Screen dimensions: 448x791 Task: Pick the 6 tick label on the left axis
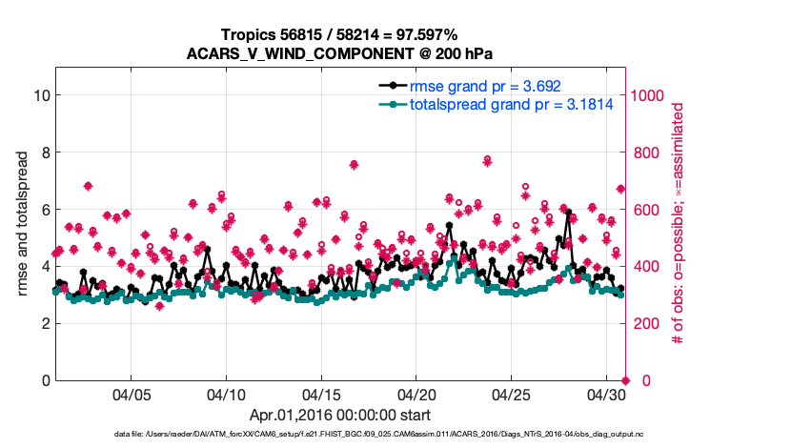click(44, 210)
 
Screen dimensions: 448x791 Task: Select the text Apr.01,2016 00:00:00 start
click(339, 416)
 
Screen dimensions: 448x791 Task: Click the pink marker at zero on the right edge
click(625, 380)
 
